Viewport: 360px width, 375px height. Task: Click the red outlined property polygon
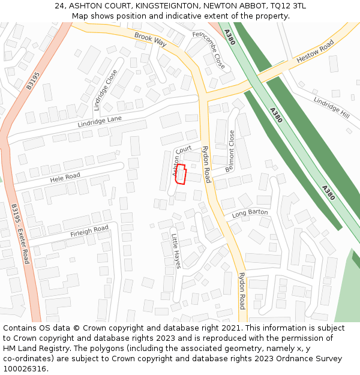tap(180, 174)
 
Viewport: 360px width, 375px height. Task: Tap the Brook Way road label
tap(150, 40)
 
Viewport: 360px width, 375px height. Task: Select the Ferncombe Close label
tap(209, 50)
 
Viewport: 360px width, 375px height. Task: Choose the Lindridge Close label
tap(106, 90)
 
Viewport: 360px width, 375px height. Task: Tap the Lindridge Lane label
tap(100, 122)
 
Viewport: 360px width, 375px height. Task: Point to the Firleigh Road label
tap(89, 230)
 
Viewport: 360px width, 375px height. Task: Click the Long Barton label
tap(250, 213)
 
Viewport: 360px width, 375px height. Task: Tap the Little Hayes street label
tap(176, 251)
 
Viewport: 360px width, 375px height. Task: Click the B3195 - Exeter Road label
tap(20, 233)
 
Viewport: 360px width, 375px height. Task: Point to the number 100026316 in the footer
tap(26, 368)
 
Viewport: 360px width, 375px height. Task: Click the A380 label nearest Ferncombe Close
tap(229, 37)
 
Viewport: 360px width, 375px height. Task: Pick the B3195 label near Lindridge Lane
tap(32, 81)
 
